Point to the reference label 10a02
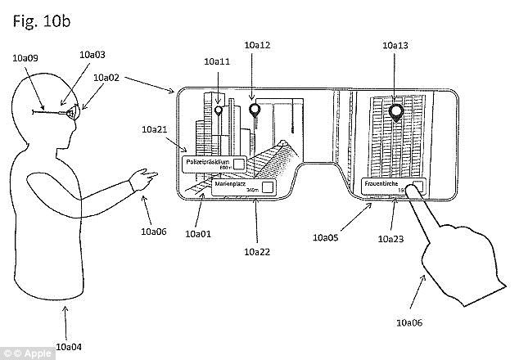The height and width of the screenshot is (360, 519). (106, 79)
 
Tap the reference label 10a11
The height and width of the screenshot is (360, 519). (216, 61)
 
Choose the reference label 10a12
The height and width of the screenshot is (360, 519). (256, 45)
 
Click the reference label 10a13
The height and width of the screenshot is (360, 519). (395, 46)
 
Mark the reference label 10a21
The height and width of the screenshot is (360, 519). (154, 130)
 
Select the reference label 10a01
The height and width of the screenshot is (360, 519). (198, 234)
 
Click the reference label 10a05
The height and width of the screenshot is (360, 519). (326, 238)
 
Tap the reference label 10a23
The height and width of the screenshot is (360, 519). (389, 240)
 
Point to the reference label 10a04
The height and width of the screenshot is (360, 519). (67, 346)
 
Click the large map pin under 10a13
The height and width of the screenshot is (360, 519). (397, 113)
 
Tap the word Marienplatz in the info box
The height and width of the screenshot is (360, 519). (231, 185)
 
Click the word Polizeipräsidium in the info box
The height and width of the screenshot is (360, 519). (206, 160)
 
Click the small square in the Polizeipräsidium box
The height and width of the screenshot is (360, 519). (237, 164)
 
